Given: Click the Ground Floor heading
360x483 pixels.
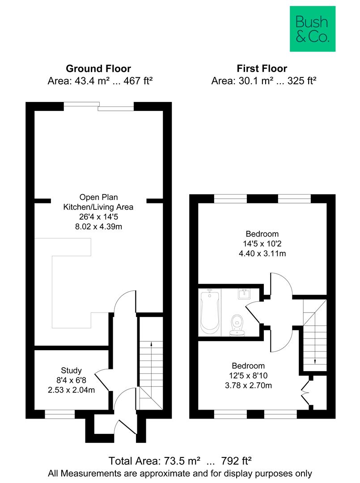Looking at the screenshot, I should point(98,68).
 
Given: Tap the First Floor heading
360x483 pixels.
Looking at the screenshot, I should point(262,68).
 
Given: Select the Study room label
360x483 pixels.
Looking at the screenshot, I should point(72,370).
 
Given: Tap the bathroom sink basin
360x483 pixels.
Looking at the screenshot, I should point(244,295).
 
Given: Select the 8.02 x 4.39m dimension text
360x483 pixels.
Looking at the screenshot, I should point(98,227).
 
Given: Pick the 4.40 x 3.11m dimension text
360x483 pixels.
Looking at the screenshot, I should point(263,254).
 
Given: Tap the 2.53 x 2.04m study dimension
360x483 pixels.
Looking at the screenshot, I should point(72,390).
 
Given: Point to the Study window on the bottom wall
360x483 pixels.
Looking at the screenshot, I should point(59,415).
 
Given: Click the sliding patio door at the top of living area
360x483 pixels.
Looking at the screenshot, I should point(98,106).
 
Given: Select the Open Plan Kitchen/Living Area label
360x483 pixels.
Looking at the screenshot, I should point(98,202).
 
